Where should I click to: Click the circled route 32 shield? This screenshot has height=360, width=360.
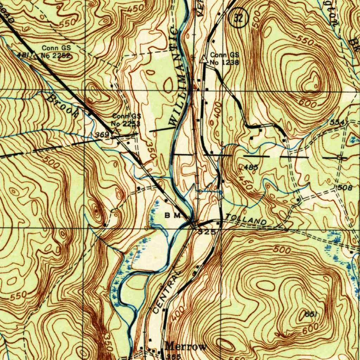coord(238,19)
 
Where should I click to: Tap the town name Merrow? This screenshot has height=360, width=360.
coord(186,347)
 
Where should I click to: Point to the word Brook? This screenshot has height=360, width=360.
coord(63,104)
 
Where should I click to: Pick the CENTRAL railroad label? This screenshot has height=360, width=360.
coord(168,291)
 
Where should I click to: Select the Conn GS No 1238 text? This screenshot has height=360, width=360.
coord(224,59)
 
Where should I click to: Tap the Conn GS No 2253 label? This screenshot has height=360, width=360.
coord(126,120)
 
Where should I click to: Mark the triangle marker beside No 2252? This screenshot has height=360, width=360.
coord(33,55)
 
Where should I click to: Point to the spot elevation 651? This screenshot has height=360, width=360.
coord(309,315)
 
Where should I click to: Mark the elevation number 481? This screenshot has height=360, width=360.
coord(22,54)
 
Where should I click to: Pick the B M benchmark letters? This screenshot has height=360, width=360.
coord(172,215)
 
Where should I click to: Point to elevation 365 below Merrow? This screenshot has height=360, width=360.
coord(173,356)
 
